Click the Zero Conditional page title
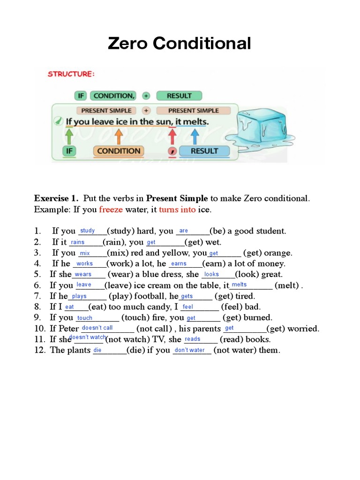[x=180, y=44]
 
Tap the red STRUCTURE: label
[x=71, y=74]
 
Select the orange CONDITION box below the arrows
[x=119, y=151]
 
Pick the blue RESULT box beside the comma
[x=204, y=151]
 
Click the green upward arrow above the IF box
[x=69, y=136]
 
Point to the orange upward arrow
[x=119, y=136]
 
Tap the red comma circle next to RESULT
[x=172, y=151]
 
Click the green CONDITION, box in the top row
[x=113, y=96]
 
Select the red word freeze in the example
[x=111, y=210]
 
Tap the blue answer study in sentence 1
[x=88, y=231]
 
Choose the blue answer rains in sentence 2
[x=77, y=242]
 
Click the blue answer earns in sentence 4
[x=179, y=264]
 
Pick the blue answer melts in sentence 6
[x=239, y=285]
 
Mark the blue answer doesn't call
[x=97, y=328]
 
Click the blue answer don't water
[x=189, y=350]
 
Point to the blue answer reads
[x=193, y=339]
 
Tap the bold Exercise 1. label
[x=56, y=198]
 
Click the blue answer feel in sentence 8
[x=187, y=307]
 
